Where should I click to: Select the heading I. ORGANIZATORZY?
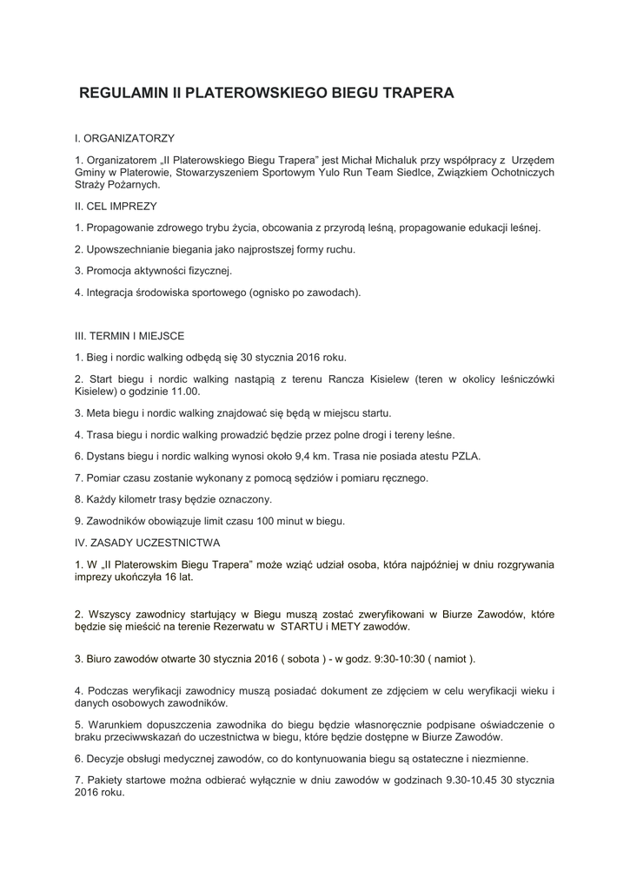[x=125, y=138]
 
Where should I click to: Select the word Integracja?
[x=112, y=293]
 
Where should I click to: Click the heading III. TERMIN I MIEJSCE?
[x=129, y=336]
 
